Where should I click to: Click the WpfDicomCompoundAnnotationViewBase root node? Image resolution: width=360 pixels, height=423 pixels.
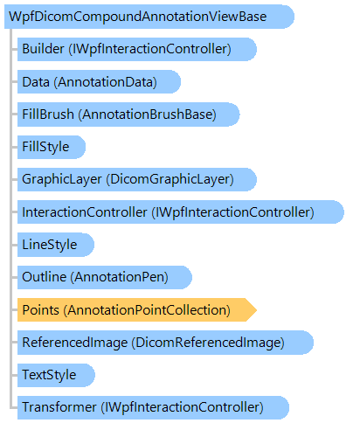[149, 17]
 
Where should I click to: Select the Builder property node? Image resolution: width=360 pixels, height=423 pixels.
[137, 49]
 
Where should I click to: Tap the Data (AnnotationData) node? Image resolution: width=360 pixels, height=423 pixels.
[99, 82]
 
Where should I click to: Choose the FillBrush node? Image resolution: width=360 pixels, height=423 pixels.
[128, 114]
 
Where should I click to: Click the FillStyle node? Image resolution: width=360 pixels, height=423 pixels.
[52, 147]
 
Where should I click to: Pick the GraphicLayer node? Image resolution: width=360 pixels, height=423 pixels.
[137, 179]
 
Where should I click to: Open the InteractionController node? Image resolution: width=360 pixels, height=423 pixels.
[181, 212]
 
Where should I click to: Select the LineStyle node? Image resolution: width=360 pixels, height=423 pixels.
[56, 245]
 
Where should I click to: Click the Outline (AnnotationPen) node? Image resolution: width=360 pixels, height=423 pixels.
[105, 277]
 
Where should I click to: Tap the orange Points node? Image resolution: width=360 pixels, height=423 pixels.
[137, 310]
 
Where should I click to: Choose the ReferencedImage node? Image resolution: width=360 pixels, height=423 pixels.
[165, 343]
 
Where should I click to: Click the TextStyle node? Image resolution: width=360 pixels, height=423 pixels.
[56, 375]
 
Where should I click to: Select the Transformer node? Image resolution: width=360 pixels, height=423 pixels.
[153, 407]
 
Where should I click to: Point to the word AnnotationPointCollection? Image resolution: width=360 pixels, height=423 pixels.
[147, 310]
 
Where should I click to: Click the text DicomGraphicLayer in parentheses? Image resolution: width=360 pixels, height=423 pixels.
[170, 179]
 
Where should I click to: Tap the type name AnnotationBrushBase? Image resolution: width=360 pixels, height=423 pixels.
[148, 114]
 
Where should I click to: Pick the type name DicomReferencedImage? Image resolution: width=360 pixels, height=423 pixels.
[208, 343]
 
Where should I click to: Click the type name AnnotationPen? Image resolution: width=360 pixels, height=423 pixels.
[120, 277]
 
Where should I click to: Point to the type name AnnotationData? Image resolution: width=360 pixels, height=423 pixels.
[105, 82]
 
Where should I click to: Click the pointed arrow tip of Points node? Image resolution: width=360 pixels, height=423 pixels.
[257, 310]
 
